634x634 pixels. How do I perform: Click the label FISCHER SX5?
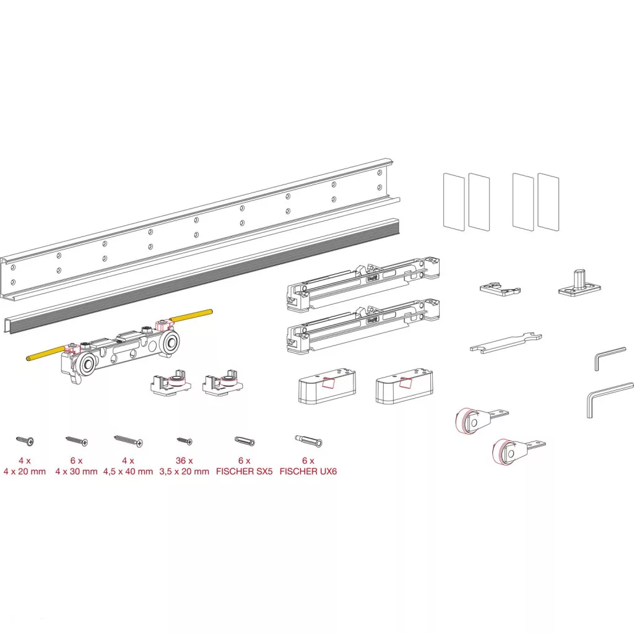(x=244, y=471)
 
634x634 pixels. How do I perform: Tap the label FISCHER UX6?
(x=308, y=471)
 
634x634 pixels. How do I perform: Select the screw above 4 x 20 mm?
(x=25, y=441)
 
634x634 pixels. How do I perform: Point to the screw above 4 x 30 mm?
(x=76, y=441)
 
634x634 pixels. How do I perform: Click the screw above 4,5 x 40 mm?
(x=128, y=441)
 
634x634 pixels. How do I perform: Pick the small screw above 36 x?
(x=185, y=441)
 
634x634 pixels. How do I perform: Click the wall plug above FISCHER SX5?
(x=245, y=441)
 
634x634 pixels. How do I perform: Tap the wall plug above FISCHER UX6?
(x=308, y=441)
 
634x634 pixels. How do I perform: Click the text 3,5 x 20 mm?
(x=185, y=471)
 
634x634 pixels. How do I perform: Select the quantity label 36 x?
(x=185, y=461)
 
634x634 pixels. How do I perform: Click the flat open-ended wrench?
(x=506, y=343)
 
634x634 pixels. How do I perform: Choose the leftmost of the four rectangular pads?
(x=454, y=202)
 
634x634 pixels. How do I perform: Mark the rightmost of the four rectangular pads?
(x=549, y=202)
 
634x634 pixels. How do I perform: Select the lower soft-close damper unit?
(x=363, y=326)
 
